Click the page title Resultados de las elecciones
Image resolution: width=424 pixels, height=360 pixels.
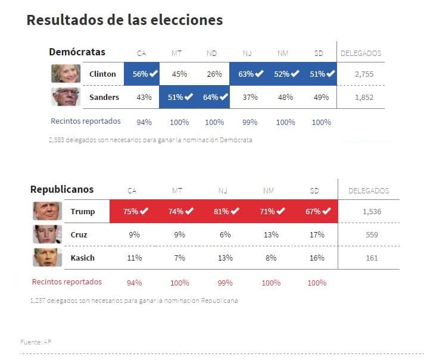pos(124,20)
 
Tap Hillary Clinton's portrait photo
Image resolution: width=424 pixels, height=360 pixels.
pos(66,73)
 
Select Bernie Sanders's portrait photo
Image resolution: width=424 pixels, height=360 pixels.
pos(66,96)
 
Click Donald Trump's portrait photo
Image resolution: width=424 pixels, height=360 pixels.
pos(47,211)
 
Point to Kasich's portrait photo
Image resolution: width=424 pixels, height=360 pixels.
pos(47,258)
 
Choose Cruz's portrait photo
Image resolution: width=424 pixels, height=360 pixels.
pos(47,234)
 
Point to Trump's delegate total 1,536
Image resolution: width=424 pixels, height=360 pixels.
pos(372,211)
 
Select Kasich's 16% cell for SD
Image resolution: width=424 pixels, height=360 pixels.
pos(317,258)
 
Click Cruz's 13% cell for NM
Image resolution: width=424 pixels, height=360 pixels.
pos(271,234)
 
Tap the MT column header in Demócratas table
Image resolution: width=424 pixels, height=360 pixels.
pos(176,54)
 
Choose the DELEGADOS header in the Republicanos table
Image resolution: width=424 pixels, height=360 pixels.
pos(368,191)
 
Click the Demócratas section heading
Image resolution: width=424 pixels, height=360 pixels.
pos(77,52)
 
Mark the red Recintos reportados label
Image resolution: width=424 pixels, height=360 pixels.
pos(67,282)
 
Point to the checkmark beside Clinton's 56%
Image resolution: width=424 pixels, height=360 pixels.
pos(154,74)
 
